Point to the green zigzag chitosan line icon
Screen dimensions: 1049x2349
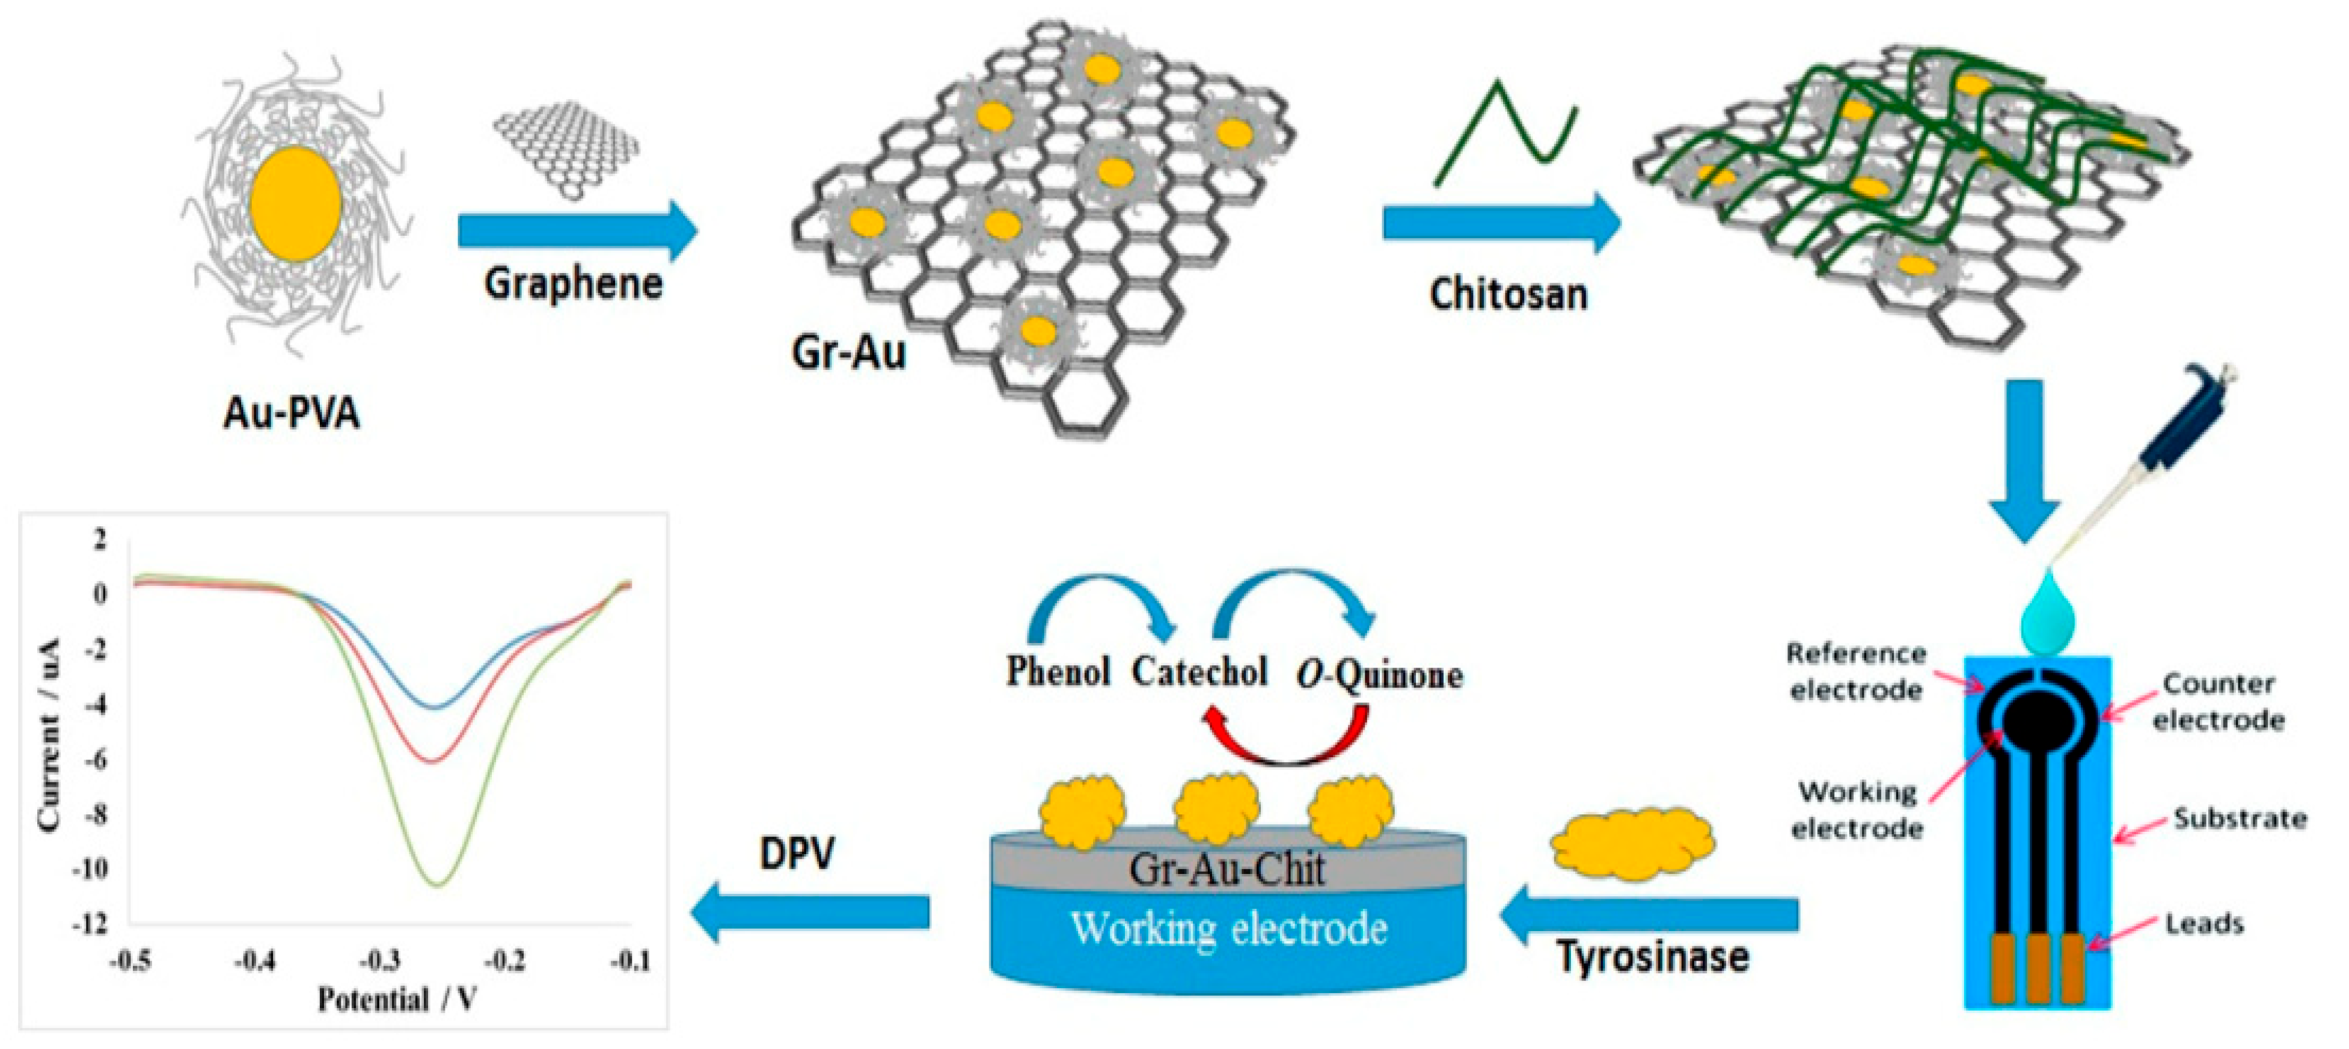[1505, 135]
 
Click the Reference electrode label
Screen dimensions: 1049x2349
[1855, 671]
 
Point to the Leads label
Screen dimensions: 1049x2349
[2204, 924]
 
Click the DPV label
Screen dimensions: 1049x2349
[797, 853]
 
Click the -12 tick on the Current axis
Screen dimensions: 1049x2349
[91, 924]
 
